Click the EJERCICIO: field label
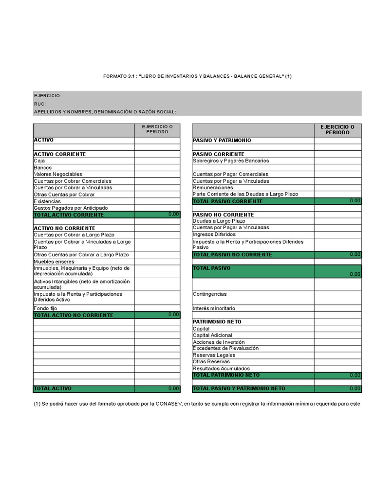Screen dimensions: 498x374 47,96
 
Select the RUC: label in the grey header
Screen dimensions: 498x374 39,104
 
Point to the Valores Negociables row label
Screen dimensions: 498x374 58,174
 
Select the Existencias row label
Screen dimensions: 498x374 47,201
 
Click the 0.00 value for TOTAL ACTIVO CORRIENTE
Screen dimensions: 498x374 173,214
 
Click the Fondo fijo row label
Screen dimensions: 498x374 45,308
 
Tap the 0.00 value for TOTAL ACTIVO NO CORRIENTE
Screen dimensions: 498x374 173,315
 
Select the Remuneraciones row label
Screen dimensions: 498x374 213,187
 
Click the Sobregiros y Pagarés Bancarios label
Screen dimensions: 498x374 230,160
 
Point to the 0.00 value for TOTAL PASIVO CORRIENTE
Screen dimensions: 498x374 355,200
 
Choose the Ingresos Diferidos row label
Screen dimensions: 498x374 214,234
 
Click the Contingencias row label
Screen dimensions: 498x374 210,294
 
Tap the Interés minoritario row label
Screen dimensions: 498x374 214,308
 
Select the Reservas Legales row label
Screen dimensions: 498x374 214,355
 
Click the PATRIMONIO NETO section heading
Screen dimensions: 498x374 217,322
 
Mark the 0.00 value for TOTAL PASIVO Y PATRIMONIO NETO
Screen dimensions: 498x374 355,389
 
